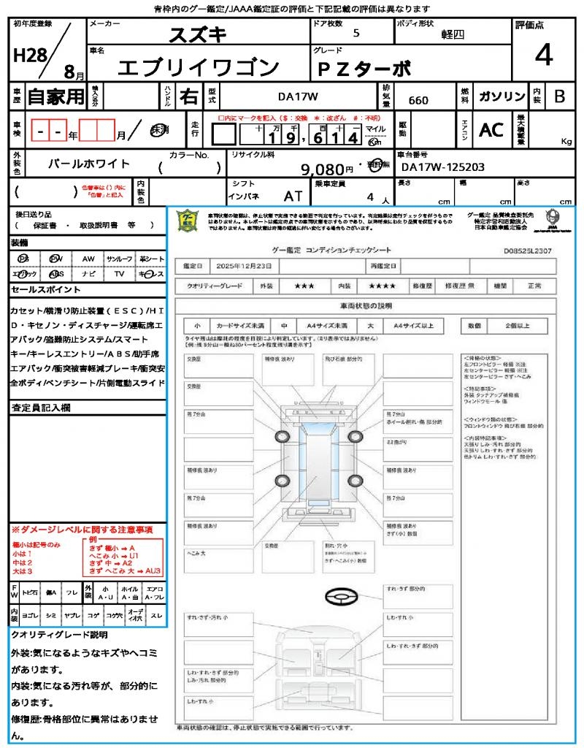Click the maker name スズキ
pyautogui.click(x=198, y=34)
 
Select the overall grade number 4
pyautogui.click(x=543, y=55)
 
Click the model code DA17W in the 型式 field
pyautogui.click(x=298, y=96)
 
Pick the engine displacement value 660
pyautogui.click(x=418, y=100)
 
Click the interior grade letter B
pyautogui.click(x=559, y=96)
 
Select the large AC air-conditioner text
pyautogui.click(x=491, y=130)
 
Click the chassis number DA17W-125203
pyautogui.click(x=442, y=167)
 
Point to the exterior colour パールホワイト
pyautogui.click(x=88, y=164)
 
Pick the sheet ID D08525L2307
pyautogui.click(x=528, y=251)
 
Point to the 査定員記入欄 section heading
pyautogui.click(x=41, y=408)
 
